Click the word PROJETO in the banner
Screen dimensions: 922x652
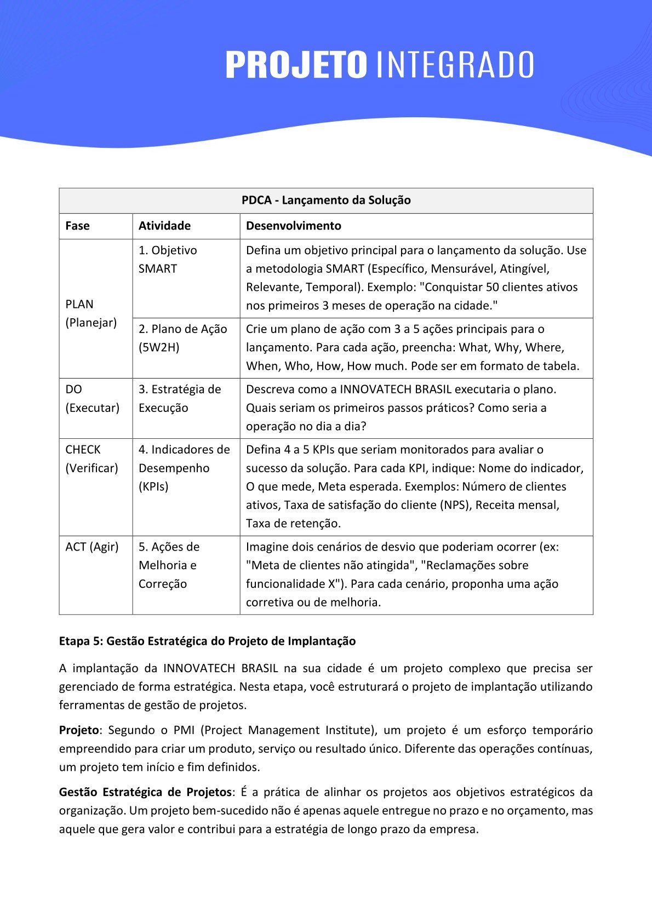pos(296,65)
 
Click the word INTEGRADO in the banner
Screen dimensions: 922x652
pos(455,65)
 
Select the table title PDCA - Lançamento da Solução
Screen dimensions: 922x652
pos(326,201)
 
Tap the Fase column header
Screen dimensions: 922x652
pos(77,226)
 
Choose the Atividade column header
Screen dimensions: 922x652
pos(164,226)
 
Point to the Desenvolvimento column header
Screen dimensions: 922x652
pos(293,226)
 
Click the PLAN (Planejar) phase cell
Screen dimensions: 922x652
pos(91,313)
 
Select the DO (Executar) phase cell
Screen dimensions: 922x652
pos(92,399)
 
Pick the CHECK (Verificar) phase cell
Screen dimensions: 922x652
pos(91,459)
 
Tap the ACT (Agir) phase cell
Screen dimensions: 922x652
pos(92,547)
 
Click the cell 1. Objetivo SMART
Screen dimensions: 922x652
pos(167,260)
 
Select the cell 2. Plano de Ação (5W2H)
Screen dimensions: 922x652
pos(182,338)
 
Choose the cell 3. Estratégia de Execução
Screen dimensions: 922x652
pos(180,398)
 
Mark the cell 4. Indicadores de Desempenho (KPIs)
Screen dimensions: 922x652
pos(184,468)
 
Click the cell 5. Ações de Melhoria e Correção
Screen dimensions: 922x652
pos(169,565)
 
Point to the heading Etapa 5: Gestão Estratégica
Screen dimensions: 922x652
pos(207,641)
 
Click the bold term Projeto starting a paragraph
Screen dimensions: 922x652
pos(79,730)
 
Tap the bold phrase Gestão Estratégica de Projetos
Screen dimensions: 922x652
pos(145,792)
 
